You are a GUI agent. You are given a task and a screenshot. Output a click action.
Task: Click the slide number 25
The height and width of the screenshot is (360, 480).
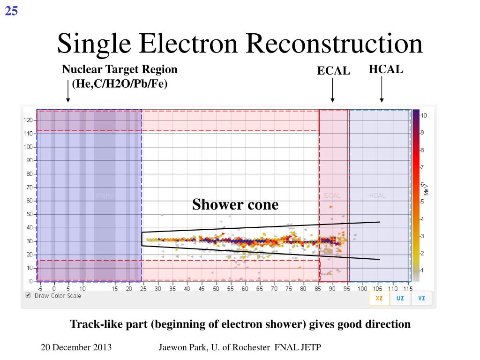[x=11, y=10]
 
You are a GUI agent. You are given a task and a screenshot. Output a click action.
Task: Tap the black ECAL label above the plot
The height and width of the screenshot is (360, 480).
[x=333, y=71]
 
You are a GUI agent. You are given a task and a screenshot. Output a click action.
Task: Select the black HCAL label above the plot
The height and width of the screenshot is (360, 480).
[x=386, y=69]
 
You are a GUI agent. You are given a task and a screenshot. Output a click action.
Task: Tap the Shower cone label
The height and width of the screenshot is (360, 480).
[x=235, y=205]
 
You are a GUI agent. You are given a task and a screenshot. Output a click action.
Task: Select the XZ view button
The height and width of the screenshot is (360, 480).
[x=379, y=298]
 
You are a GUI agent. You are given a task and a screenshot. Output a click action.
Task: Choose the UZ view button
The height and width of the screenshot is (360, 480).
[x=400, y=298]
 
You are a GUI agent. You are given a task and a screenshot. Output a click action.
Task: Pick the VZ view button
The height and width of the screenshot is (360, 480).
[x=421, y=298]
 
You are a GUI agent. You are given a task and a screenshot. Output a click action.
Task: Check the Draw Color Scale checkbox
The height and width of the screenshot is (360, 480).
[x=28, y=295]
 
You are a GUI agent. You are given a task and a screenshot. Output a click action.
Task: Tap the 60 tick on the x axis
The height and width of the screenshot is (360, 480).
[x=245, y=289]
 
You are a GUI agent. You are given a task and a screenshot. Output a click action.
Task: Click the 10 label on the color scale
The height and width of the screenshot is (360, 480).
[x=424, y=115]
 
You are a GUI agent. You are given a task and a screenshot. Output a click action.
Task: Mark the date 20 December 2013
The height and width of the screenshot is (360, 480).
[x=76, y=347]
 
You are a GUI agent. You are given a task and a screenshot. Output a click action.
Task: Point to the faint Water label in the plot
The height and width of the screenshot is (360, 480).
[x=104, y=195]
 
